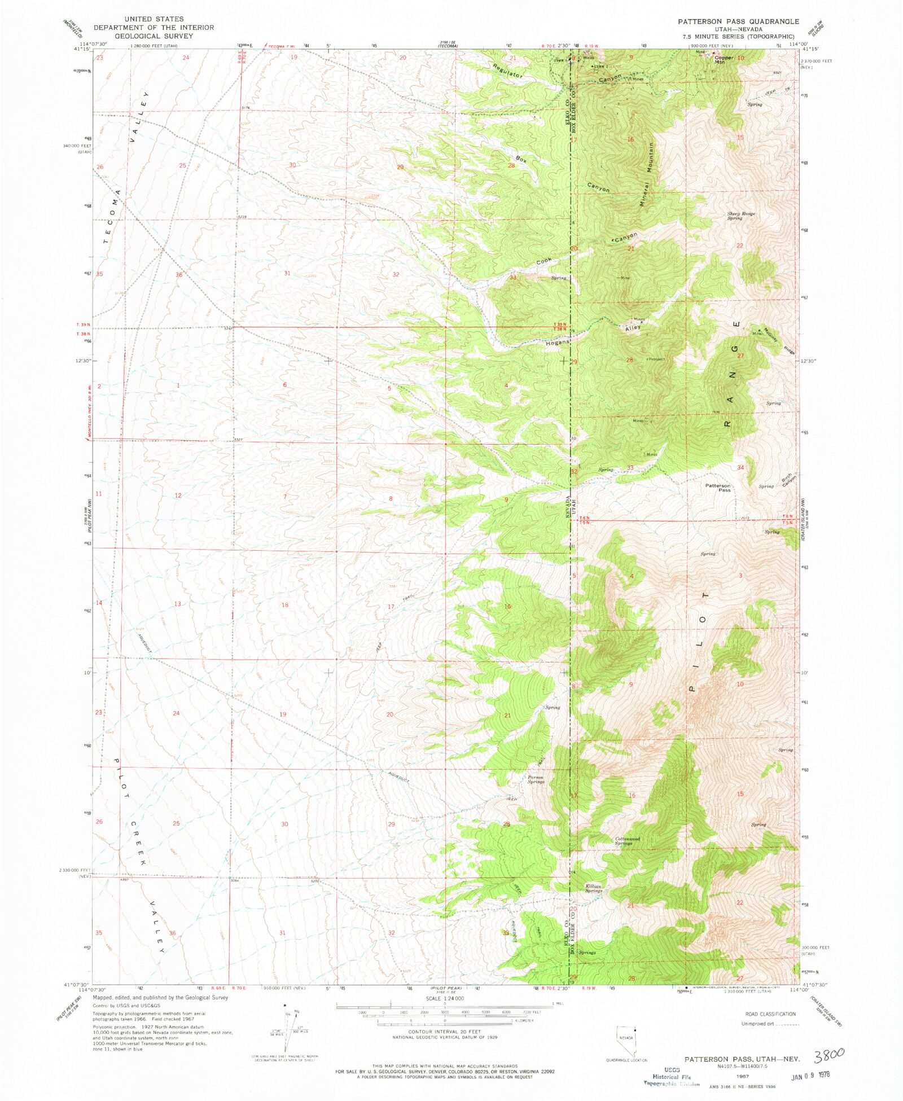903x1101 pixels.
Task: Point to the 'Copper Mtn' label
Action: coord(724,59)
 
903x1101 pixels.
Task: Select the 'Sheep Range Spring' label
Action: coord(740,216)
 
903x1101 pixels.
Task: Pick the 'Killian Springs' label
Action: coord(594,888)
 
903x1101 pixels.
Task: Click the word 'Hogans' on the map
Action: coord(557,343)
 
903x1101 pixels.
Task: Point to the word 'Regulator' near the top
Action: coord(507,71)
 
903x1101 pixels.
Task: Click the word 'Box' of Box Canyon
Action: coord(521,160)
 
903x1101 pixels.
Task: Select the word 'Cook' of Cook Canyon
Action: coord(544,261)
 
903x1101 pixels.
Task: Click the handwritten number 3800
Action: coord(829,1053)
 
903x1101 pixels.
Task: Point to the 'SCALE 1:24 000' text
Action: coord(445,998)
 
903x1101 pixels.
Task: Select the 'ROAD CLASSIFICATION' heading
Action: coord(770,1014)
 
